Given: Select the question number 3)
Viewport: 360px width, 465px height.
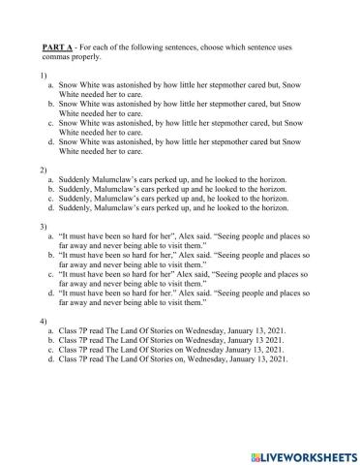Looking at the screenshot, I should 45,227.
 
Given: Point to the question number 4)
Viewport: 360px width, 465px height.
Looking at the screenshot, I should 45,322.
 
